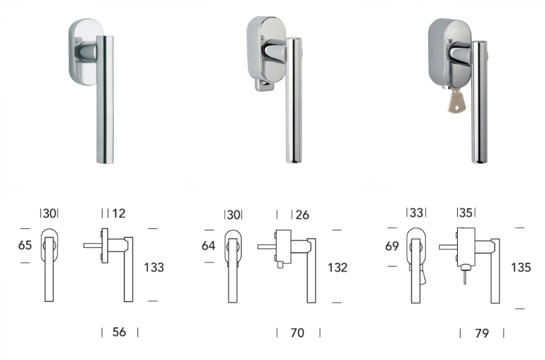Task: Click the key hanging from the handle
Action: tap(457, 102)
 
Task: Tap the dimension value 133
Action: tap(154, 267)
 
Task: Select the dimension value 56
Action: tap(119, 332)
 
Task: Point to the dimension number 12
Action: tap(119, 213)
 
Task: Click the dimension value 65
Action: tap(25, 245)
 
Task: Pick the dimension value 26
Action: tap(302, 215)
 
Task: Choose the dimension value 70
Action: tap(297, 332)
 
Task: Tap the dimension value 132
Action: tap(338, 267)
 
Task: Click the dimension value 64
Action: tap(209, 245)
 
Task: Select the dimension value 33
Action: tap(416, 212)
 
